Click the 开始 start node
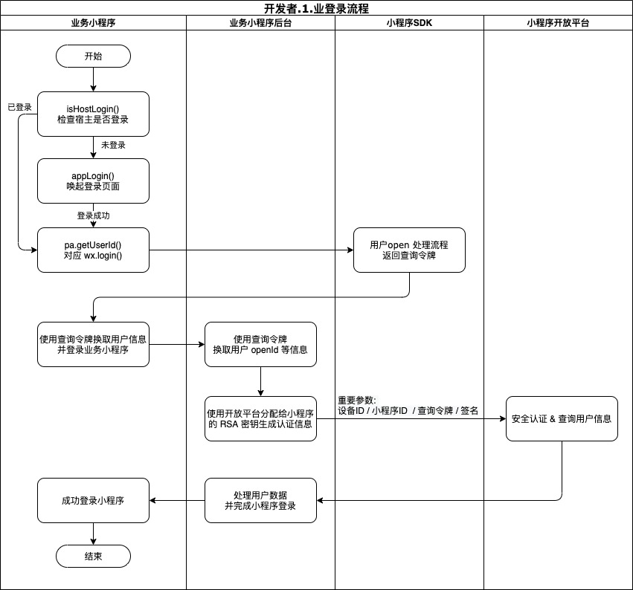(x=93, y=56)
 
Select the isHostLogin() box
(x=93, y=114)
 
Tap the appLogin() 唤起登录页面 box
(x=93, y=181)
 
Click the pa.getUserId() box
(x=93, y=250)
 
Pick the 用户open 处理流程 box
(x=408, y=250)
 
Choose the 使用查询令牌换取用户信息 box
(x=93, y=344)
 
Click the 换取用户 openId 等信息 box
(x=260, y=344)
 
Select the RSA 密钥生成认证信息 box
(x=260, y=418)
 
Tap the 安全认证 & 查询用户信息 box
(x=562, y=418)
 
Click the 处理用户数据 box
(x=260, y=500)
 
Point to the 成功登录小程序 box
(x=93, y=500)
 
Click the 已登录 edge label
(x=19, y=107)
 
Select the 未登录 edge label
(x=113, y=145)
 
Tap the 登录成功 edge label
(x=94, y=215)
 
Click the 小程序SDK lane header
(x=409, y=23)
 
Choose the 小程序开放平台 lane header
(x=558, y=23)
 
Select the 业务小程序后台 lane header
(x=260, y=23)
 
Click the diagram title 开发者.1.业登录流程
(x=316, y=9)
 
